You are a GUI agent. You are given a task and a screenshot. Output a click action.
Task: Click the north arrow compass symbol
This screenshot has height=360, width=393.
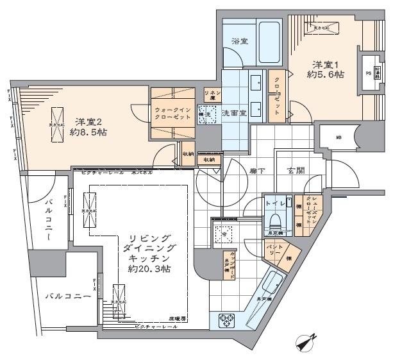pyautogui.click(x=307, y=343)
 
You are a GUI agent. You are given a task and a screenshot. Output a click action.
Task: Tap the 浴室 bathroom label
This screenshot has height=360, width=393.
pyautogui.click(x=241, y=42)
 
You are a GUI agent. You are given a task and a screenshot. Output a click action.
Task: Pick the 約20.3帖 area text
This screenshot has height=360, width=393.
pyautogui.click(x=147, y=268)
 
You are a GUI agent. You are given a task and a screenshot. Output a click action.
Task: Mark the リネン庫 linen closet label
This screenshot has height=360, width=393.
pyautogui.click(x=212, y=96)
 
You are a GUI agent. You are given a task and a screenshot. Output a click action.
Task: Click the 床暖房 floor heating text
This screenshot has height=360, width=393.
pyautogui.click(x=178, y=318)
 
